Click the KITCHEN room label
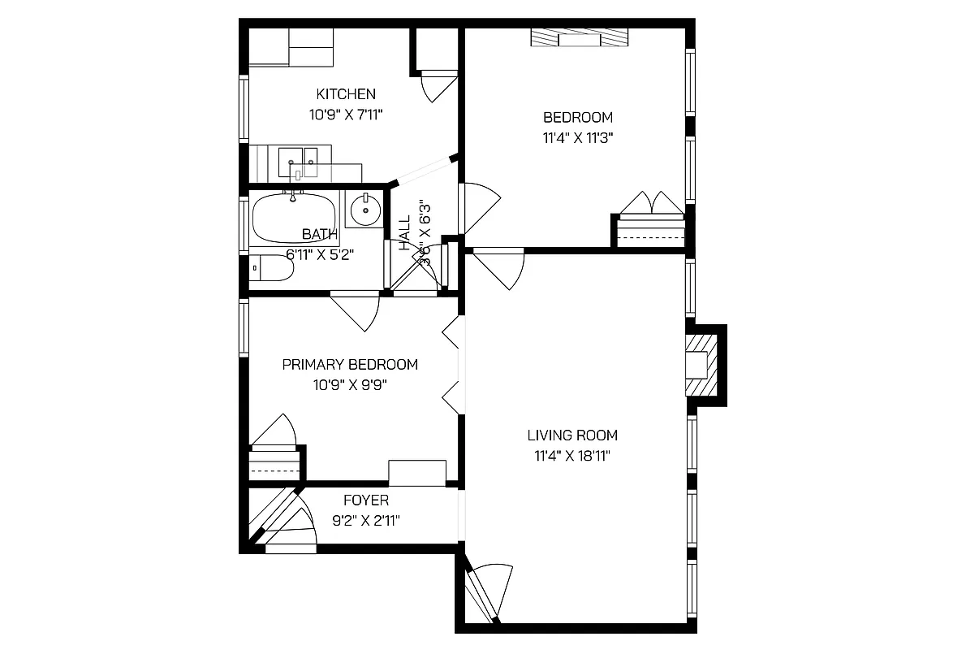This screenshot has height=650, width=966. click(346, 94)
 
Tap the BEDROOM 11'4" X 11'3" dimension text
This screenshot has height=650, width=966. click(577, 137)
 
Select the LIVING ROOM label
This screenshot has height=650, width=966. click(571, 435)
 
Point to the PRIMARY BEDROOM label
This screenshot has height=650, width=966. click(350, 365)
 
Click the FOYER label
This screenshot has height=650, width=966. click(365, 500)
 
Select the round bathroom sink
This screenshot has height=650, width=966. click(364, 210)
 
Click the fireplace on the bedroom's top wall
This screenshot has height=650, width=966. click(580, 39)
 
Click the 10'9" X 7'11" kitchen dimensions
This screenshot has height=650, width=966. click(346, 115)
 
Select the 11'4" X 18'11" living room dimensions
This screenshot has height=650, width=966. click(571, 456)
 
